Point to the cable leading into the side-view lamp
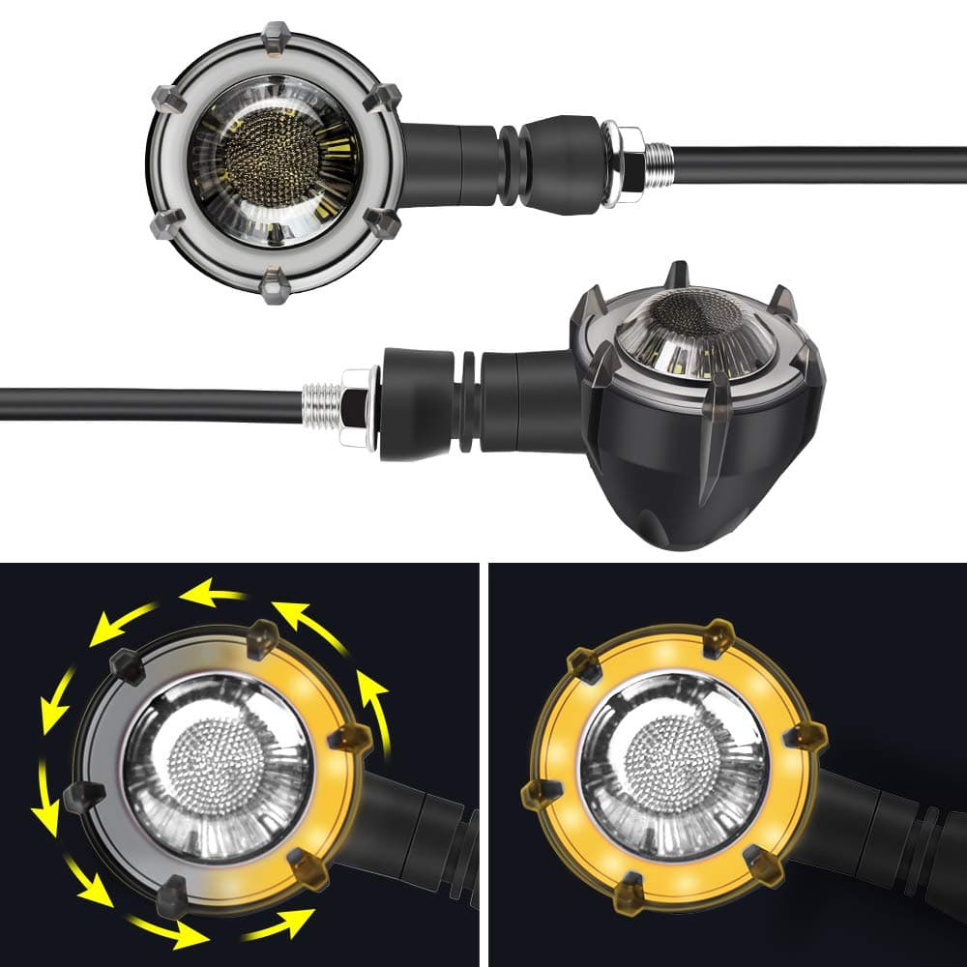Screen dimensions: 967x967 click(145, 404)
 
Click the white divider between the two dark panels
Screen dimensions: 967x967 click(484, 764)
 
